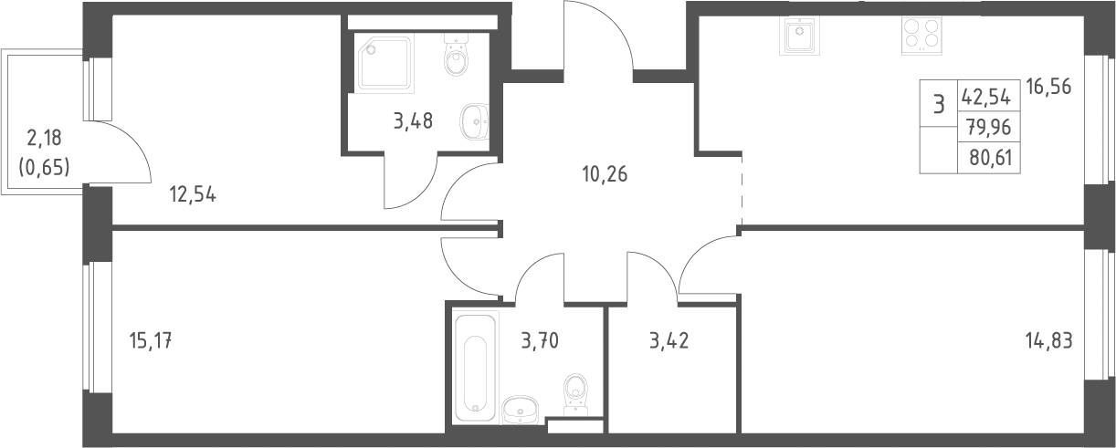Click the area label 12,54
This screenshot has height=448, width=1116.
coord(193,194)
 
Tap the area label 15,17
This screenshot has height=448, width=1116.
coord(151,341)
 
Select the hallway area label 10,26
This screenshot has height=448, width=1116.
coord(605,174)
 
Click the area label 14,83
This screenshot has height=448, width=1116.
coord(1048,341)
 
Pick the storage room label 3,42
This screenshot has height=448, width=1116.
coord(669,341)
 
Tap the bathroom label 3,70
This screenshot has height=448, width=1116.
coord(540,341)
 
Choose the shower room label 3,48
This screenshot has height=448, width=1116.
coord(413,121)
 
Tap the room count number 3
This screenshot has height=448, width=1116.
coord(939,106)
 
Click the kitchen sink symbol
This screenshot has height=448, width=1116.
coord(800,36)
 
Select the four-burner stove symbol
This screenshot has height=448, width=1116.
coord(921,36)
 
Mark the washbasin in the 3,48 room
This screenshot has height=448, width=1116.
coord(474,121)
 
